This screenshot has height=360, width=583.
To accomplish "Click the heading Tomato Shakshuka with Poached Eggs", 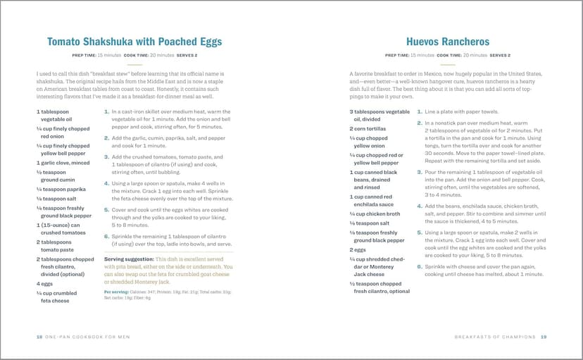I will [x=134, y=42].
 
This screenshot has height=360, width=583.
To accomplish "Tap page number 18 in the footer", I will [x=39, y=336].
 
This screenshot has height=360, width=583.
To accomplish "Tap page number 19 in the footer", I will [x=544, y=336].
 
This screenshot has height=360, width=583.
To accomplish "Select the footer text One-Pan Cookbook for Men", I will [x=88, y=336].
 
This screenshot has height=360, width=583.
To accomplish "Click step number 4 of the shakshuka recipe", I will [x=106, y=183].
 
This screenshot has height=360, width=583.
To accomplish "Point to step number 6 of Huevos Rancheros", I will [x=420, y=267].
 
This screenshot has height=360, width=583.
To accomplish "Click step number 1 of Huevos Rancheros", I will [x=420, y=111].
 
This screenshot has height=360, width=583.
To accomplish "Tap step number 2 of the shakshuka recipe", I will [x=106, y=138].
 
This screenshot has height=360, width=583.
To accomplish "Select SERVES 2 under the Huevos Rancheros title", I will [x=499, y=55].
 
